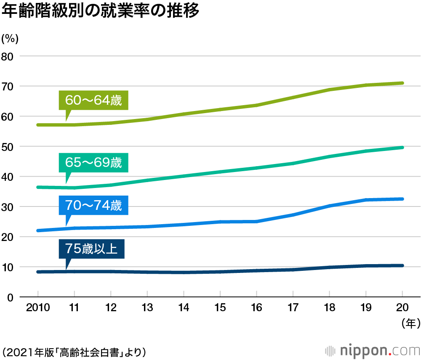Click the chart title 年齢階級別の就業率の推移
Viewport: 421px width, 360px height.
(x=100, y=11)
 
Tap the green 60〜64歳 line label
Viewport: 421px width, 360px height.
(x=93, y=101)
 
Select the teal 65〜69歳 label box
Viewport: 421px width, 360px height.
(x=93, y=162)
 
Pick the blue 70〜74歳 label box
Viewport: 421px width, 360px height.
(x=93, y=206)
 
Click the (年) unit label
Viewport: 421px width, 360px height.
(x=408, y=323)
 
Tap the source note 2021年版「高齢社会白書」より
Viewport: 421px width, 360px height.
(x=74, y=351)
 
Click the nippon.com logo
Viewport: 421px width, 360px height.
(x=373, y=350)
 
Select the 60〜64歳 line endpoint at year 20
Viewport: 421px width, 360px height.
(x=402, y=83)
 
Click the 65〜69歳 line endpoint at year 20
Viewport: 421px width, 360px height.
(x=402, y=148)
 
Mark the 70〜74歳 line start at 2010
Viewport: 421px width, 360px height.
(x=38, y=230)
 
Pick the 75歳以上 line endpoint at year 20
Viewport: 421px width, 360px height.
(x=402, y=265)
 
